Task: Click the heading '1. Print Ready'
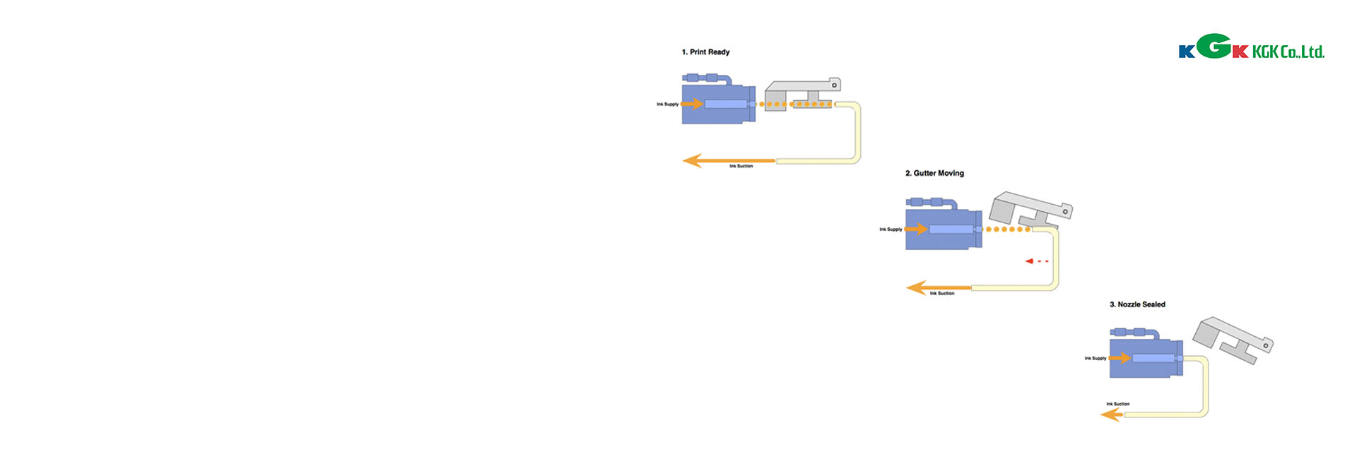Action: click(x=705, y=52)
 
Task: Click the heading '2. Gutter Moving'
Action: click(x=934, y=173)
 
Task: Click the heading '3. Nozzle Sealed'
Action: click(x=1137, y=304)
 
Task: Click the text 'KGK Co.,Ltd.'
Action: click(x=1288, y=52)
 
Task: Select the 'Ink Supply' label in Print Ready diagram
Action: click(x=667, y=105)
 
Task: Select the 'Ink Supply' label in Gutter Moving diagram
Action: click(x=891, y=229)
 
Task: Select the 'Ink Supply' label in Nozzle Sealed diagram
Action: click(x=1095, y=359)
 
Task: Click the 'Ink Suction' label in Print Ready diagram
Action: click(x=741, y=167)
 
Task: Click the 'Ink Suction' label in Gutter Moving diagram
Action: click(x=941, y=294)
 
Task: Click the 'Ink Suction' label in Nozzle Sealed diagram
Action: click(x=1117, y=405)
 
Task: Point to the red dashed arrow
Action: click(x=1037, y=261)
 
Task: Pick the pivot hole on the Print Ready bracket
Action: click(x=834, y=85)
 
